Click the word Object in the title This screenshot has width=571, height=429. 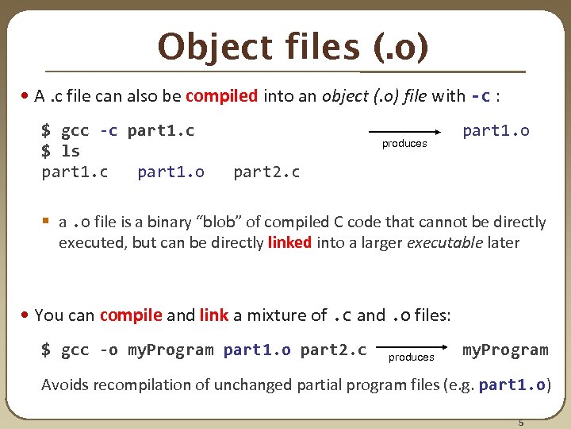[x=204, y=47]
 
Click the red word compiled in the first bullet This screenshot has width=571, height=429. [x=221, y=97]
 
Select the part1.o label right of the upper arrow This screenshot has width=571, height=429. [x=496, y=130]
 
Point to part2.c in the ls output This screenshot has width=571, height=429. [x=266, y=172]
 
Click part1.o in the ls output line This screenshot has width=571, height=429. [x=171, y=172]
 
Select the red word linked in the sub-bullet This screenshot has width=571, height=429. [x=289, y=242]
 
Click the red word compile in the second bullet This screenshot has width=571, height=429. [x=131, y=315]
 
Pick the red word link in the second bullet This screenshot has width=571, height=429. [x=213, y=315]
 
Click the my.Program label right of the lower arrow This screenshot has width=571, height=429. [x=505, y=350]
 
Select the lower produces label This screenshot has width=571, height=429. [x=411, y=357]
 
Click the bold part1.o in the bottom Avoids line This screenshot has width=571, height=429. [x=512, y=385]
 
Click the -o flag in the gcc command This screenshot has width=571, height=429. [x=109, y=350]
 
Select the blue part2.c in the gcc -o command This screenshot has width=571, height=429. [x=333, y=350]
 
